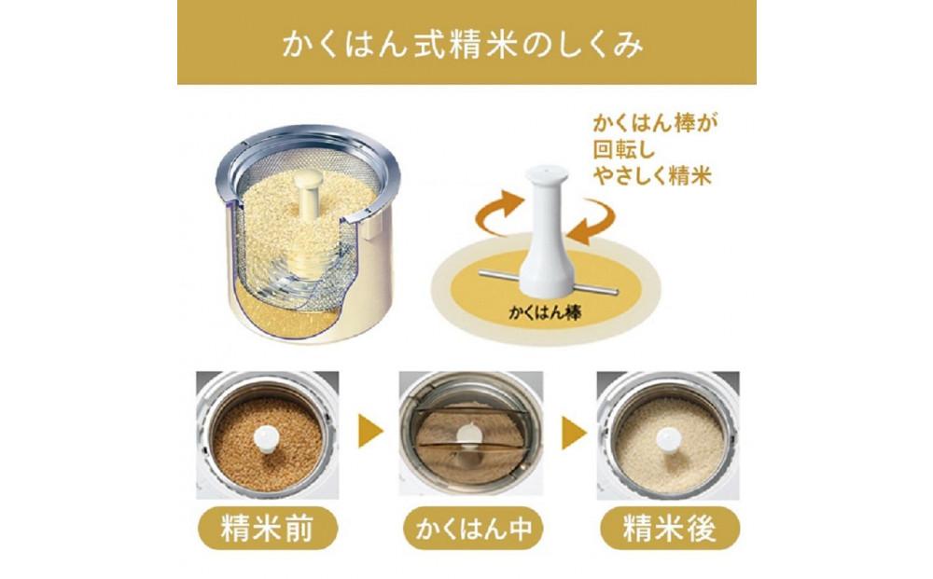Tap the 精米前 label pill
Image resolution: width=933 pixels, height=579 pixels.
pyautogui.click(x=266, y=529)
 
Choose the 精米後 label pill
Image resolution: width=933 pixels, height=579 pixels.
pyautogui.click(x=669, y=529)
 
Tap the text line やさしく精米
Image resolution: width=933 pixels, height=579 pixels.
pyautogui.click(x=653, y=176)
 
